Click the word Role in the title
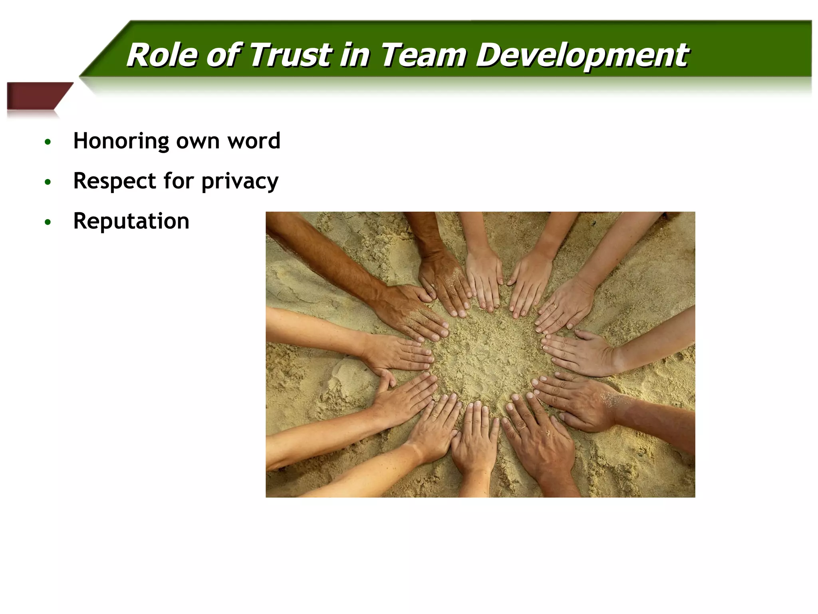(x=162, y=55)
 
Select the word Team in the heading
(x=423, y=55)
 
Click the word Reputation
(x=131, y=221)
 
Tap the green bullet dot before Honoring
(x=48, y=142)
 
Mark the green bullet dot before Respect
(x=48, y=182)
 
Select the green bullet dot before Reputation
(x=48, y=222)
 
